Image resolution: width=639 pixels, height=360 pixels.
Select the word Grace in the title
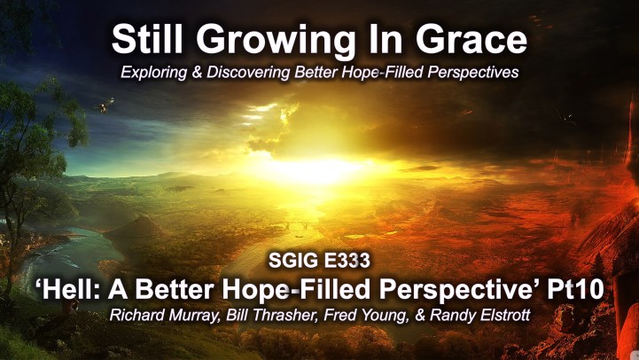point(471,40)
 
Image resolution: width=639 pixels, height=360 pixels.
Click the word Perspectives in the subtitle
point(472,73)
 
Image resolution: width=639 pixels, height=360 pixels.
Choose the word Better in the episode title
point(175,289)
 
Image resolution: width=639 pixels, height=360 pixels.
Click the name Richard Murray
point(164,315)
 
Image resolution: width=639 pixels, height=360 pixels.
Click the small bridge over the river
point(296,225)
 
